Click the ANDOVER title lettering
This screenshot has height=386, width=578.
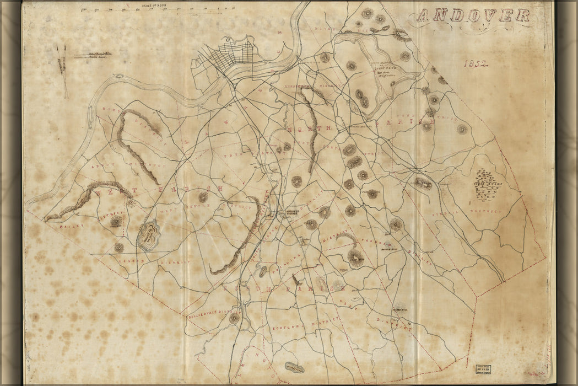point(472,15)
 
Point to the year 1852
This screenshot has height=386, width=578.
point(477,64)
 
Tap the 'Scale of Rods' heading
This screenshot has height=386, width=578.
point(154,6)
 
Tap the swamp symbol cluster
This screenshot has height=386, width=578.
point(484,185)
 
